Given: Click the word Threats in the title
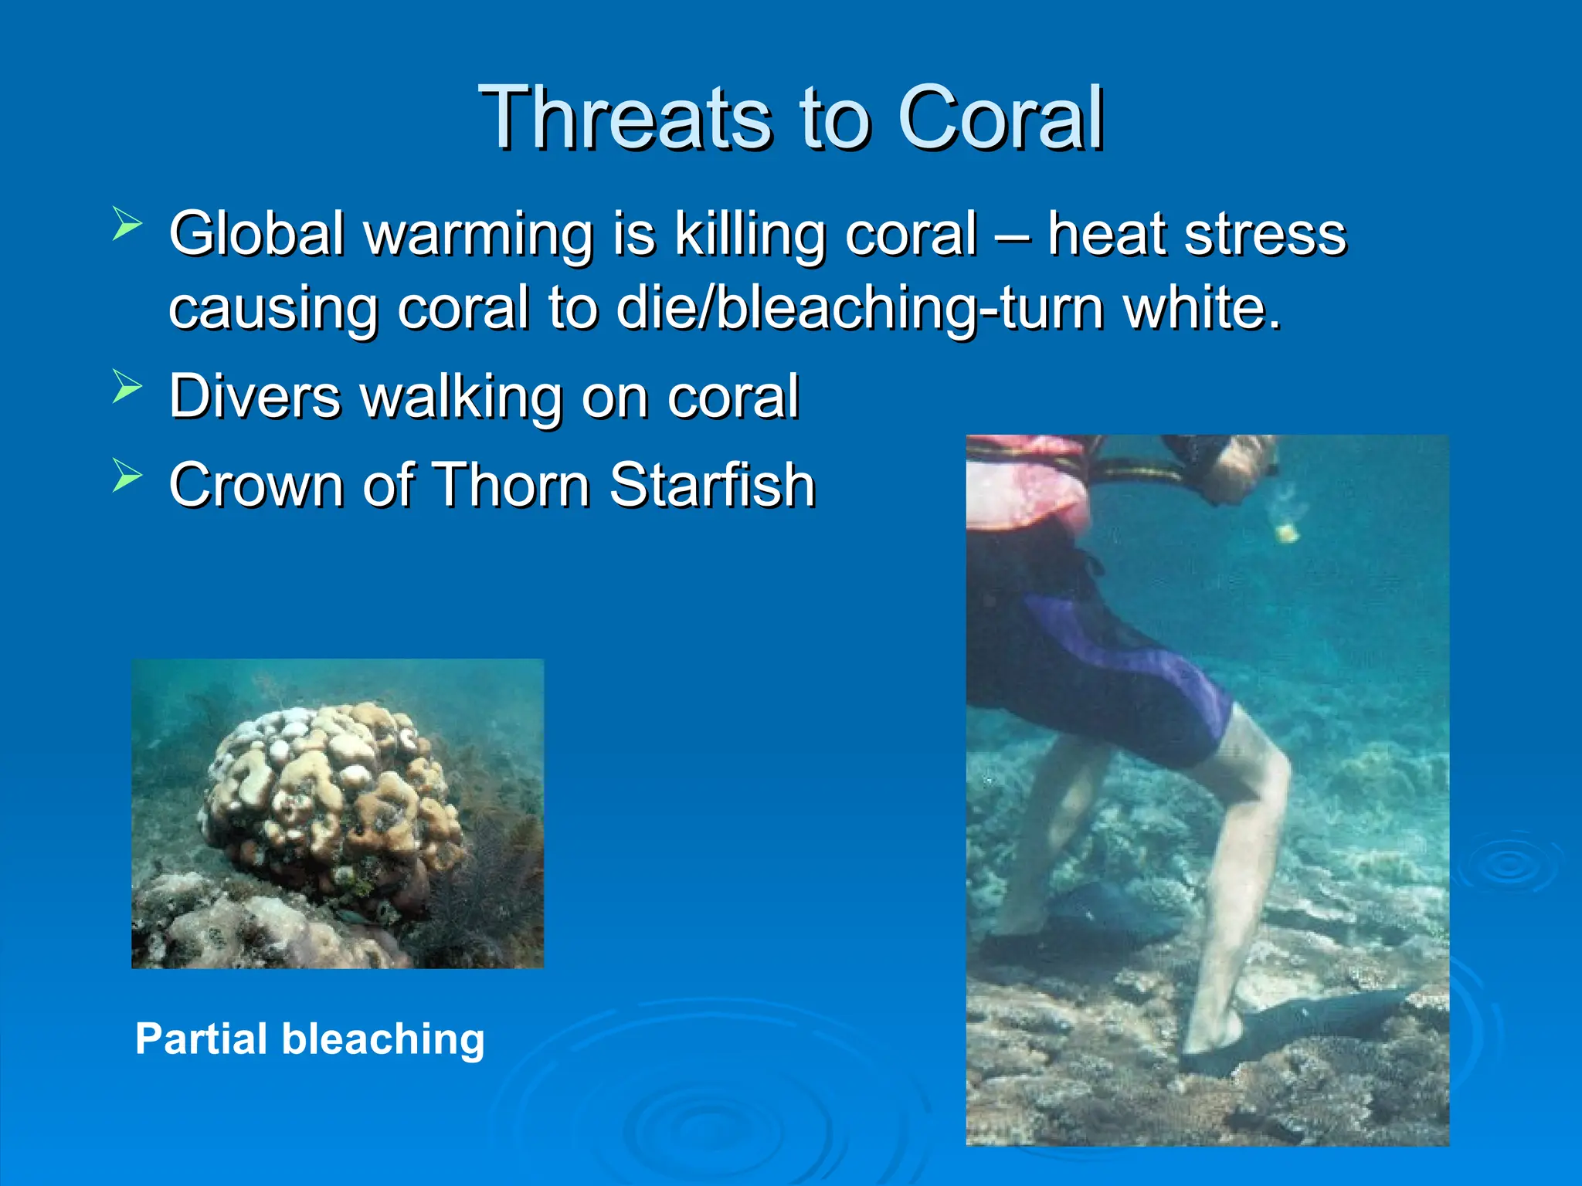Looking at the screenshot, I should (624, 118).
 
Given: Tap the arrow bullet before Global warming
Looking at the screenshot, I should (127, 224).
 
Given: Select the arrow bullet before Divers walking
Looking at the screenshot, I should (127, 386).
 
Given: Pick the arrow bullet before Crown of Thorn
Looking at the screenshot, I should (127, 474).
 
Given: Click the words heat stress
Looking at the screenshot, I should (1196, 234).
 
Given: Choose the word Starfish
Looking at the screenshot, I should (712, 485).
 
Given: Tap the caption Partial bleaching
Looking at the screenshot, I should (310, 1039).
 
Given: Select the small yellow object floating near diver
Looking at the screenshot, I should (1286, 532).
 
